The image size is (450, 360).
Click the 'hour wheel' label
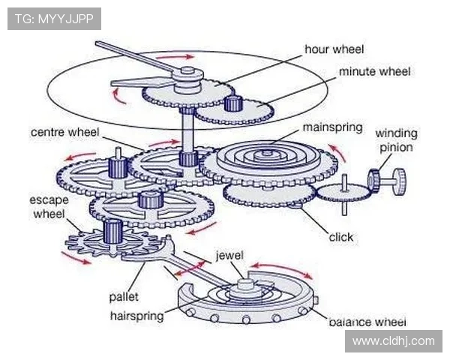(334, 49)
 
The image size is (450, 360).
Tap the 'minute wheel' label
(374, 72)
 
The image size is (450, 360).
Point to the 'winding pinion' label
(395, 140)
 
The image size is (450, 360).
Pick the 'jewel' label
(229, 255)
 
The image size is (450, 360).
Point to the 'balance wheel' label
(367, 322)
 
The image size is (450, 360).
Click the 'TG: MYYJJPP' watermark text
(54, 19)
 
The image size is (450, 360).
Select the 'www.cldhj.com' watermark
(393, 341)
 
